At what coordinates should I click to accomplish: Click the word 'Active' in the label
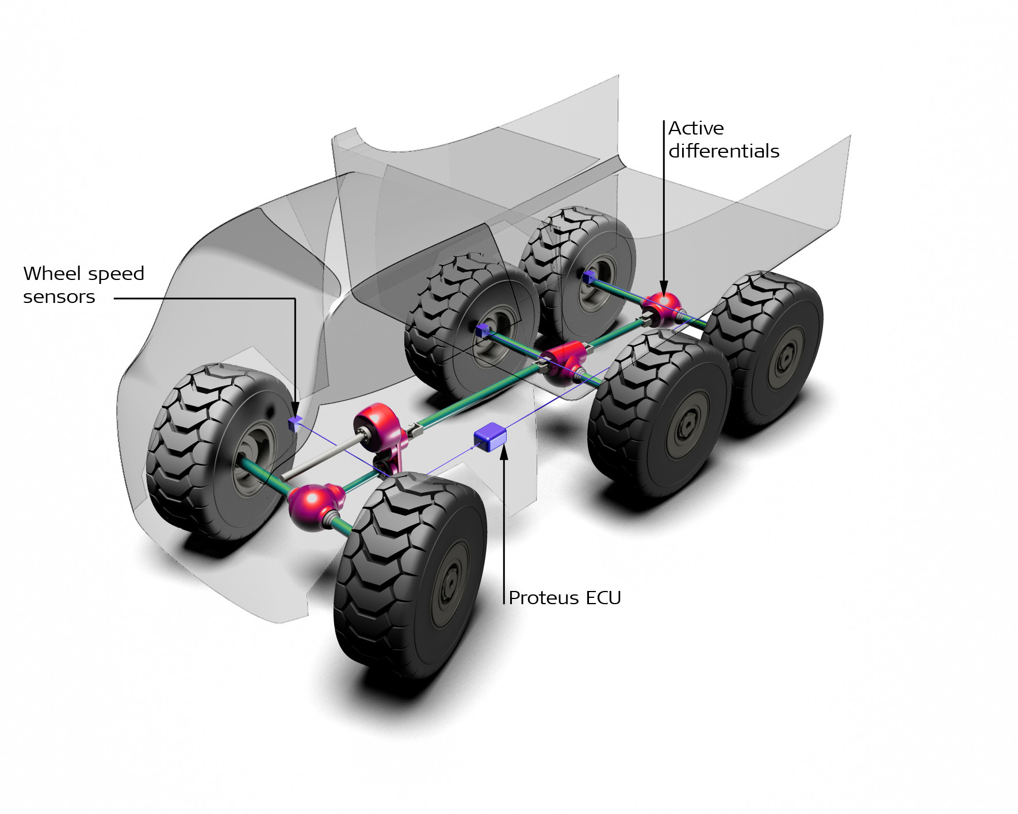(x=695, y=128)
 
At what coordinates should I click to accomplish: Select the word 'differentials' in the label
(x=724, y=151)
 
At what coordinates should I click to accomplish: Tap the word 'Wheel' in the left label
(x=51, y=274)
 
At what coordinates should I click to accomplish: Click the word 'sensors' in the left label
(x=59, y=297)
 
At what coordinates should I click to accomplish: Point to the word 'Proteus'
(x=544, y=598)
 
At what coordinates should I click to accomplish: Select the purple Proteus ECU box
(x=490, y=437)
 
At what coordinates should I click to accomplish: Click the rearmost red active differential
(x=663, y=309)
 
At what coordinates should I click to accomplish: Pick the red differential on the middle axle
(x=564, y=362)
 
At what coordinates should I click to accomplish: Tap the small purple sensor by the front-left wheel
(x=294, y=424)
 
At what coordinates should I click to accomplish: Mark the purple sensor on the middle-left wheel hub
(x=482, y=330)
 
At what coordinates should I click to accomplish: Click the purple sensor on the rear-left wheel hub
(x=587, y=278)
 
